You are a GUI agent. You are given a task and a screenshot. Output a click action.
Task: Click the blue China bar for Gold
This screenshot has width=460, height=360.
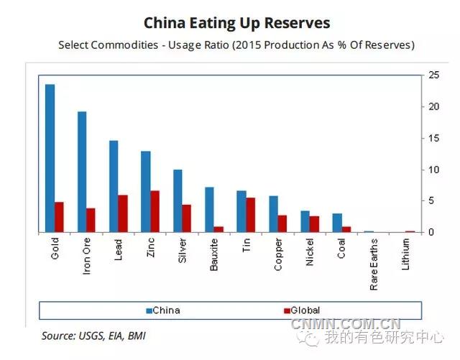click(x=50, y=158)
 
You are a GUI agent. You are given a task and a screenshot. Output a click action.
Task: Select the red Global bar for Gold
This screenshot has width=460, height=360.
click(x=59, y=217)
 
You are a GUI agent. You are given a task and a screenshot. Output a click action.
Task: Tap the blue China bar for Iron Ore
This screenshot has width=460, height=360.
click(x=82, y=172)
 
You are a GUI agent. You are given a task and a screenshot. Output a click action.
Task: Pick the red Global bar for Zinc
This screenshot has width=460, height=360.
click(x=155, y=211)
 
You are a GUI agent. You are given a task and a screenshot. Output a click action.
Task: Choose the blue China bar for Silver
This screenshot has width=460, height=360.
click(x=178, y=201)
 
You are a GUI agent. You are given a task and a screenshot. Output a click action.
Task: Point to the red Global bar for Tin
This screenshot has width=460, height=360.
click(x=250, y=215)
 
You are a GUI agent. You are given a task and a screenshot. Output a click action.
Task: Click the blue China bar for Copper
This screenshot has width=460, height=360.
click(x=273, y=214)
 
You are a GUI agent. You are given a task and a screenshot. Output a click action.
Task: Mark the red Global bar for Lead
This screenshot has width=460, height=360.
click(x=123, y=213)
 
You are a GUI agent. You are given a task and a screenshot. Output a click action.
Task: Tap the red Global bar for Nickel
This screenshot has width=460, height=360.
click(x=314, y=224)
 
